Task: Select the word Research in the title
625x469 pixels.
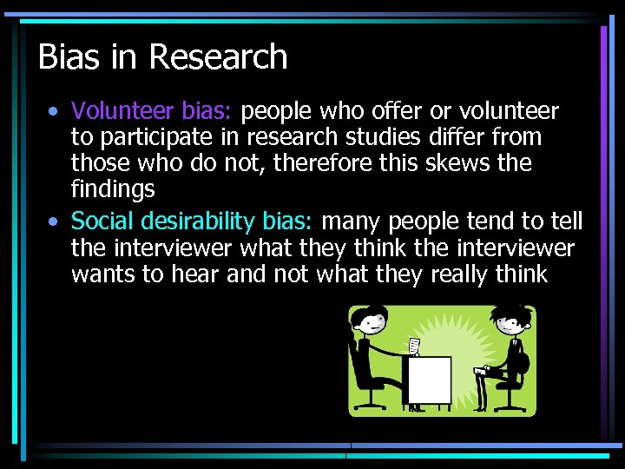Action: pyautogui.click(x=218, y=57)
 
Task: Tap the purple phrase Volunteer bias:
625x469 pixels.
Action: pyautogui.click(x=152, y=111)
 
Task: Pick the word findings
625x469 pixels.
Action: pyautogui.click(x=113, y=188)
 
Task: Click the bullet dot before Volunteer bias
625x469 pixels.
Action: pyautogui.click(x=55, y=112)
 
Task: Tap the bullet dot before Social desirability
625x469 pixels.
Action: pyautogui.click(x=55, y=223)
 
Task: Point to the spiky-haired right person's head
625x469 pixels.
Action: pyautogui.click(x=501, y=324)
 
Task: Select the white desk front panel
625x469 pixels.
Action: pyautogui.click(x=430, y=380)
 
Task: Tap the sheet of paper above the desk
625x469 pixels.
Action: pyautogui.click(x=415, y=347)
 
